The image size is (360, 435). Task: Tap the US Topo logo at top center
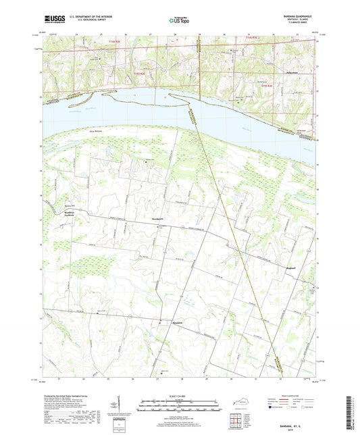tap(179, 21)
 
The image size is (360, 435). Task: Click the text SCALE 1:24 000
tap(179, 396)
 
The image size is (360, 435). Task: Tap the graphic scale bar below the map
tap(179, 406)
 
